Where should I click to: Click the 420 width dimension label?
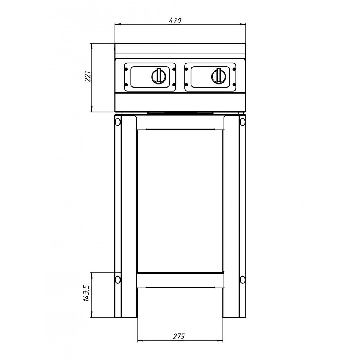(175, 20)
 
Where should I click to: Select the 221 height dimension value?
(88, 77)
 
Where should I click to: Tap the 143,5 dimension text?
(86, 293)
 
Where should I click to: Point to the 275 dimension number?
(178, 337)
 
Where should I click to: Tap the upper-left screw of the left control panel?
(126, 69)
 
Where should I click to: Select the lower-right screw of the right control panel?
(234, 85)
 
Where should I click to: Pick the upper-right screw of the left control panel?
(174, 69)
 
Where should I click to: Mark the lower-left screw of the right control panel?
(186, 85)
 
